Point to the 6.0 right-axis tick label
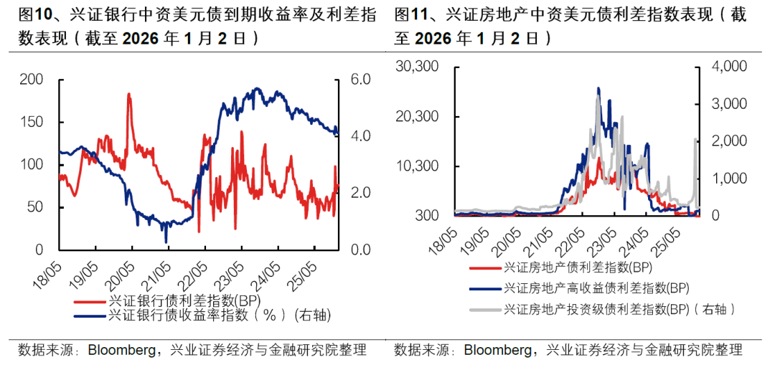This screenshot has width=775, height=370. (x=359, y=80)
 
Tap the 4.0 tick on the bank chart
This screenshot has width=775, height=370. (x=359, y=136)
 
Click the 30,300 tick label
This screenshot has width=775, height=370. (x=417, y=67)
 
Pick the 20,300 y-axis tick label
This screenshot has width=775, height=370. (x=417, y=116)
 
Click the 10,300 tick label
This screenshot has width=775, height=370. (x=417, y=166)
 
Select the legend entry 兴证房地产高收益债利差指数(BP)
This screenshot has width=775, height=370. (x=596, y=288)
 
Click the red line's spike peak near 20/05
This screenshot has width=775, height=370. (x=129, y=94)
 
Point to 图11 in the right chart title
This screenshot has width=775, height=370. (x=410, y=15)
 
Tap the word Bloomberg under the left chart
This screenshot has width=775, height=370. (x=121, y=351)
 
